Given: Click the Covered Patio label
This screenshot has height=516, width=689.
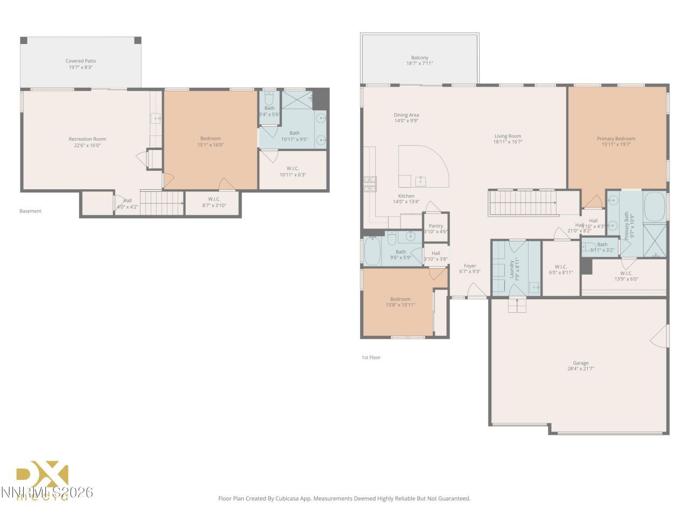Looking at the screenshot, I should click(81, 61).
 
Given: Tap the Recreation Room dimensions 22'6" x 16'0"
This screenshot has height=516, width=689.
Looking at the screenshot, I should click(87, 146).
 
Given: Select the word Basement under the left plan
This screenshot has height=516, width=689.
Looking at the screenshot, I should click(30, 211).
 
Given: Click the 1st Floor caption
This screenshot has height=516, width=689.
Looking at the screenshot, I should click(371, 357).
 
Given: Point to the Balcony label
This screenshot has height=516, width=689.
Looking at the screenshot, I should click(419, 58).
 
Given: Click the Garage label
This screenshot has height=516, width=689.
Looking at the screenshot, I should click(580, 363).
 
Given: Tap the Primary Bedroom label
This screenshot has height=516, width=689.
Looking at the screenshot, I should click(616, 139).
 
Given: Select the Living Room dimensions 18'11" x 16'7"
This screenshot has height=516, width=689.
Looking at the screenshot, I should click(508, 142).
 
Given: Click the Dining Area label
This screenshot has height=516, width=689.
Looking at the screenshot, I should click(406, 115).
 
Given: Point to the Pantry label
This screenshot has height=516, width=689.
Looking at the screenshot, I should click(435, 226).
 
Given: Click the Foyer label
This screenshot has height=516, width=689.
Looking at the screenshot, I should click(470, 266).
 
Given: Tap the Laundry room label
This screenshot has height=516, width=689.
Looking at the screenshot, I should click(510, 268).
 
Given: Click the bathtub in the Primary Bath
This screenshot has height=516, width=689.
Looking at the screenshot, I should click(654, 207).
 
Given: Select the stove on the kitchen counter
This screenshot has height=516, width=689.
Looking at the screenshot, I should click(370, 184).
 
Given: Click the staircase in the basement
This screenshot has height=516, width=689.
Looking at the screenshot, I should click(161, 203).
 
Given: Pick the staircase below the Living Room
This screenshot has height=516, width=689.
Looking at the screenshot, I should click(522, 203).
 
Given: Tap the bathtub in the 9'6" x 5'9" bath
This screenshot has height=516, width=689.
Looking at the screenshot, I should click(372, 252).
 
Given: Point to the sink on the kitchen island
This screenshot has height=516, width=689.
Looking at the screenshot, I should click(420, 180).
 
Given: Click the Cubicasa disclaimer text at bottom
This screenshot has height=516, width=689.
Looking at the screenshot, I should click(344, 498).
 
